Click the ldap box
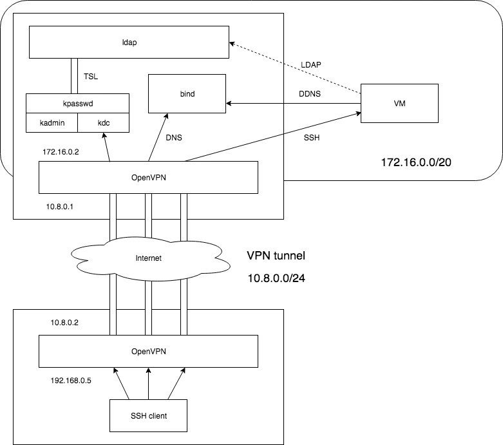(x=129, y=42)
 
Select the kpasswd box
(x=78, y=103)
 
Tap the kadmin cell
(x=52, y=122)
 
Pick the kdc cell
(x=103, y=122)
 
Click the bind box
(x=187, y=93)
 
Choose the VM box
(x=399, y=103)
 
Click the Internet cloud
(x=150, y=258)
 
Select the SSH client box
(x=148, y=415)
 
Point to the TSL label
(x=91, y=77)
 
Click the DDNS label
(x=310, y=93)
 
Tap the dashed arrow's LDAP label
(x=311, y=65)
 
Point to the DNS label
(x=174, y=138)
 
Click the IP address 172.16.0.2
(x=61, y=152)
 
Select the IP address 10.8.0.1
(x=60, y=207)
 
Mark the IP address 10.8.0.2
(x=64, y=323)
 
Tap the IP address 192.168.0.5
(x=71, y=381)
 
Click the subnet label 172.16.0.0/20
(x=416, y=162)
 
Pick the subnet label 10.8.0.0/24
(x=276, y=278)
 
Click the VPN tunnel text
(x=276, y=256)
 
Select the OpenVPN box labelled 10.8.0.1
(x=148, y=178)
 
